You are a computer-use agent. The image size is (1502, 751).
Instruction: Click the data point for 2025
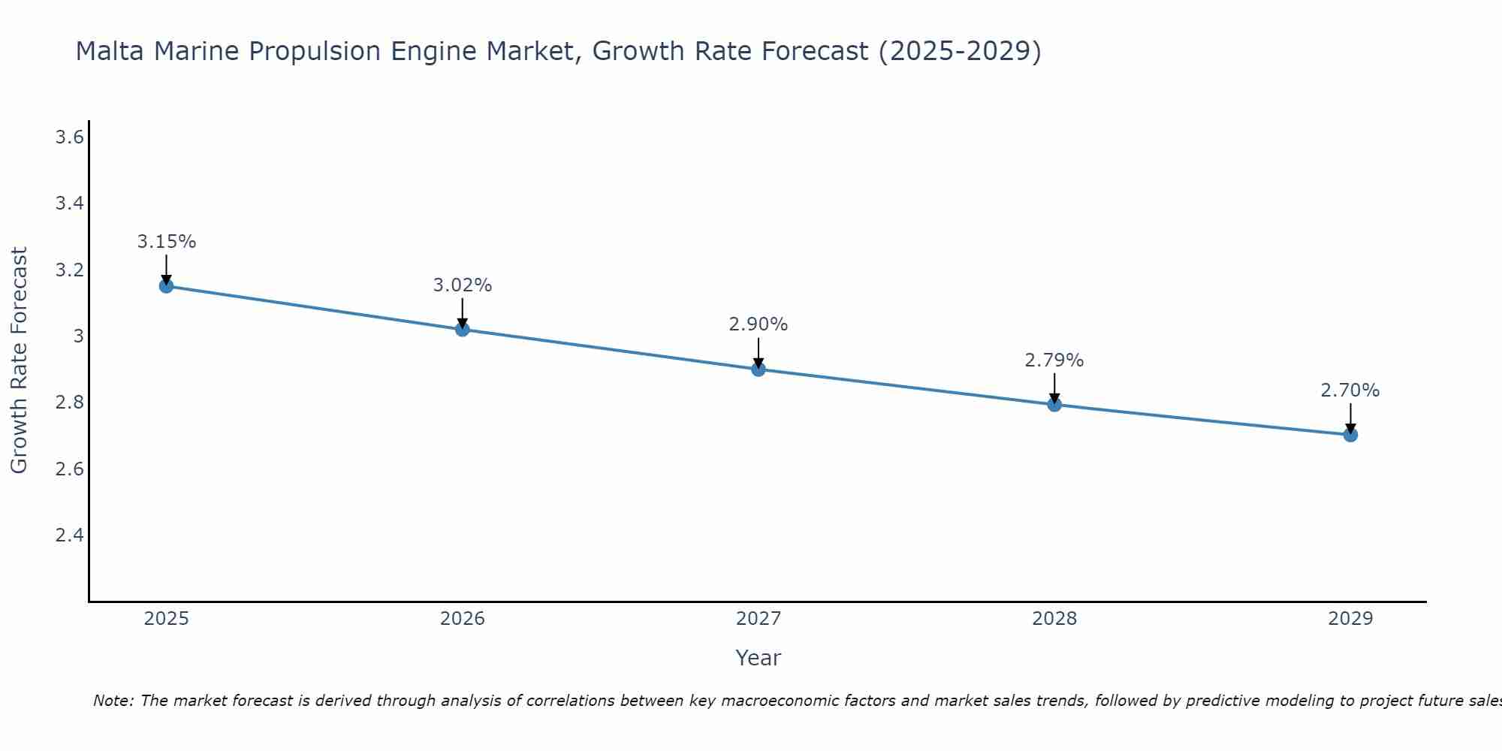pos(166,286)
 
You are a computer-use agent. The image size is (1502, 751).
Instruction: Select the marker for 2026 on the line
pos(462,329)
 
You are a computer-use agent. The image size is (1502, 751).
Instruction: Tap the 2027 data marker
pos(758,369)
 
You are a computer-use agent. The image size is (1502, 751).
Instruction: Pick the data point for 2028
pos(1054,405)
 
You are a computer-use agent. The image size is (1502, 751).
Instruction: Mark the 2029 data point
pos(1350,435)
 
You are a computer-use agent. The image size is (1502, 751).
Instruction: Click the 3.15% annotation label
pos(166,242)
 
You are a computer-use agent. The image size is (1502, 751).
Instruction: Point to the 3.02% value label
pos(462,285)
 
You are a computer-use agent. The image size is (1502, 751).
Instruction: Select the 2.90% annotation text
pos(758,324)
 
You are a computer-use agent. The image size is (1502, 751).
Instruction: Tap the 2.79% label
pos(1054,360)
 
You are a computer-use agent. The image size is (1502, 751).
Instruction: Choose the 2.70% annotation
pos(1350,391)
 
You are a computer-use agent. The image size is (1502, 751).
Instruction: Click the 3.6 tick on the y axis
pos(69,137)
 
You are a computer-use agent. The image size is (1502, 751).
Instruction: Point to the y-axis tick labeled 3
pos(78,336)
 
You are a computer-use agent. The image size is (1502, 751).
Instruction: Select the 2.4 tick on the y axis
pos(69,535)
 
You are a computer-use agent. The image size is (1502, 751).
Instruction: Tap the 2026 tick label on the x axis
pos(462,619)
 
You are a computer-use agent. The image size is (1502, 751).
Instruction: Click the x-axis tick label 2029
pos(1350,619)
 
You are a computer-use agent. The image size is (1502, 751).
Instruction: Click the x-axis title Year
pos(758,658)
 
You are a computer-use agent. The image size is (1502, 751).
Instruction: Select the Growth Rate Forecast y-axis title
pos(19,360)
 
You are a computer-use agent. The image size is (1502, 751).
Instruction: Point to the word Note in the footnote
pos(113,701)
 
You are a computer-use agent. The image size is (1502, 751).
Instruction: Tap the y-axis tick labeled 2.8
pos(69,403)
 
